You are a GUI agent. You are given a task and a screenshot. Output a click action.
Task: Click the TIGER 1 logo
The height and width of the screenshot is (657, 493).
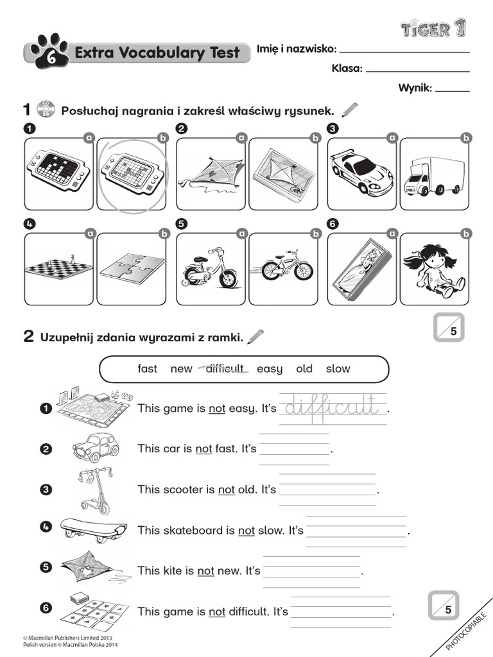tap(433, 28)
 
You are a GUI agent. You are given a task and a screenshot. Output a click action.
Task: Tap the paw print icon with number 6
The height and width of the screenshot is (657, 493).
tap(42, 52)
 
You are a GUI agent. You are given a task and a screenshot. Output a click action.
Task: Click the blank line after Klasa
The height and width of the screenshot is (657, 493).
tap(417, 70)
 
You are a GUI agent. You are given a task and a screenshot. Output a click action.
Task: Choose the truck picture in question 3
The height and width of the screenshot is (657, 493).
tap(433, 175)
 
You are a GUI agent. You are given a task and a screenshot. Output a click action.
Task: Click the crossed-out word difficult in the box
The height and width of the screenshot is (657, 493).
tap(225, 368)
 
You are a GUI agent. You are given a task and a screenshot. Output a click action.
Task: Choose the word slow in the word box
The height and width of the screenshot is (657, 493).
tap(338, 368)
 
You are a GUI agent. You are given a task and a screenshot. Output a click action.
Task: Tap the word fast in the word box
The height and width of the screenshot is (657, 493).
tap(147, 368)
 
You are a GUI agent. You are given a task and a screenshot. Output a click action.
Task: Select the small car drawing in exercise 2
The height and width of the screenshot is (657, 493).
tap(95, 447)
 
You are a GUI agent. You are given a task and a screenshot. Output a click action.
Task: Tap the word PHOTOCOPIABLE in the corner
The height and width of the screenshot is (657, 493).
tap(467, 629)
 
